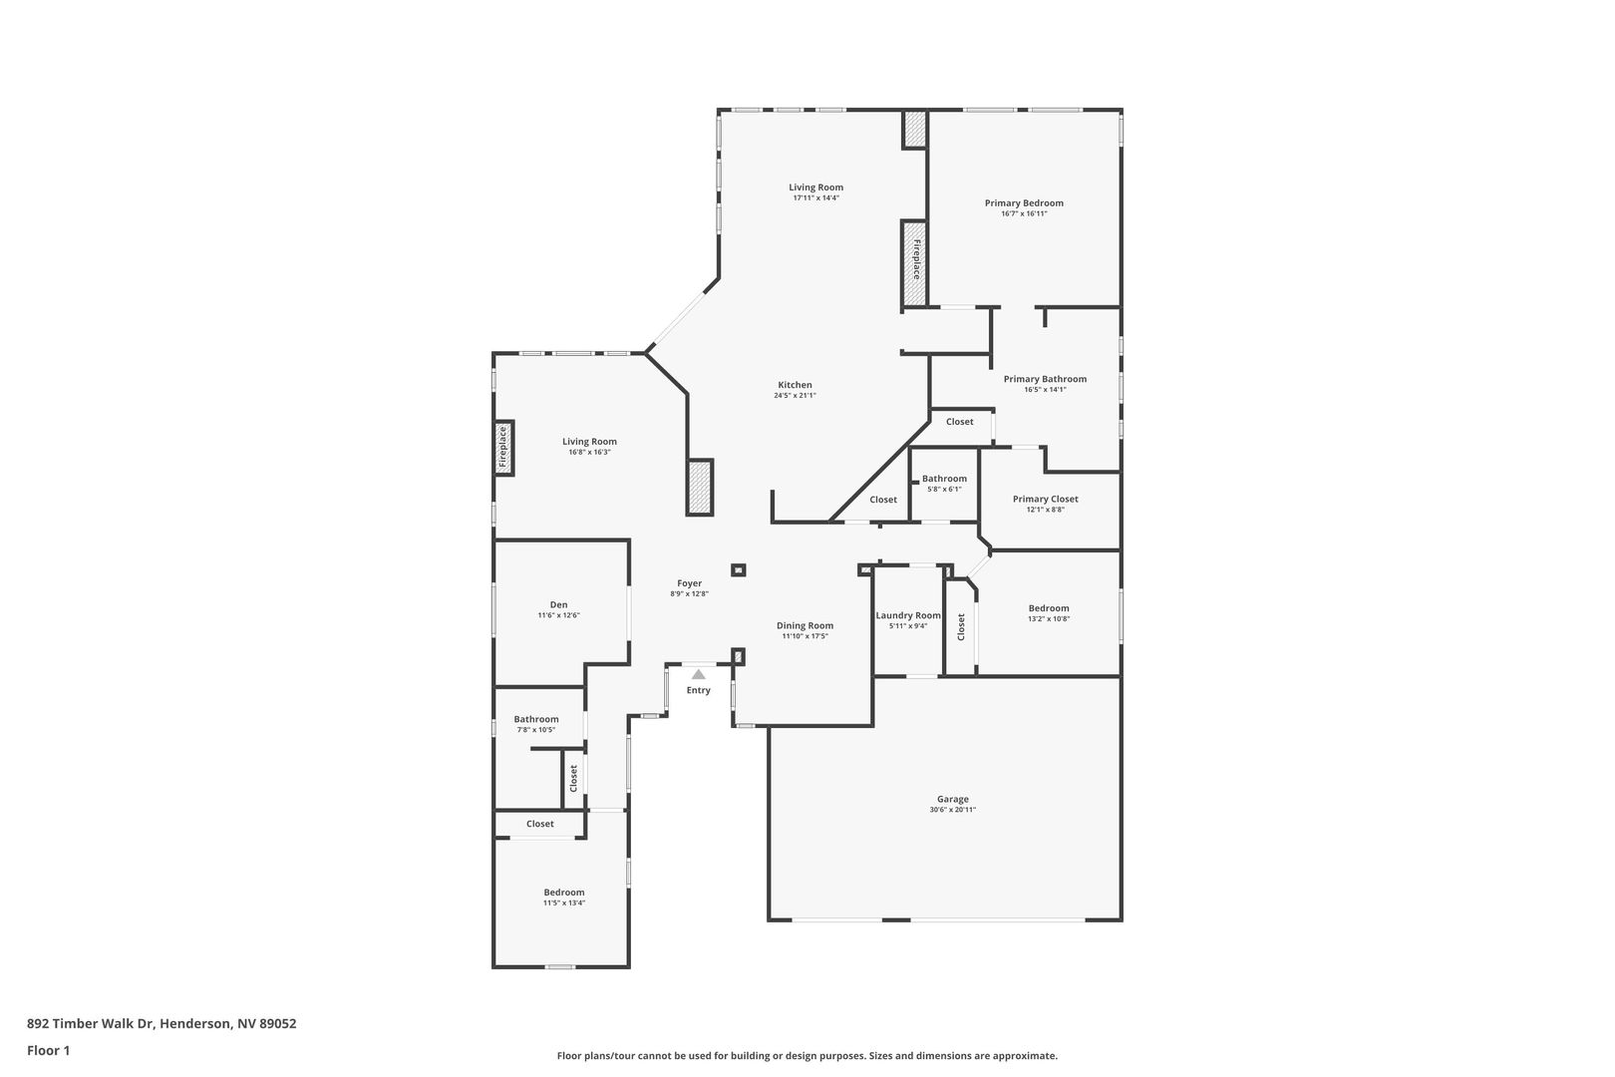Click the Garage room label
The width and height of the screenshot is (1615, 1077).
point(952,799)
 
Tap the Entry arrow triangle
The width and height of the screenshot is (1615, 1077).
point(698,674)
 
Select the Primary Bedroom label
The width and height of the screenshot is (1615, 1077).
point(1024,202)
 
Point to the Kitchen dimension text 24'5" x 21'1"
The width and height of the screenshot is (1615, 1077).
point(795,395)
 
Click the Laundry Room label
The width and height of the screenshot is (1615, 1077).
point(908,615)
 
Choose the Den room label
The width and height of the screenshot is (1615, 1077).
point(558,604)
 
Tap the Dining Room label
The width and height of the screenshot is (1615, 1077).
point(805,625)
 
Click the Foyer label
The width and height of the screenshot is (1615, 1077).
point(689,582)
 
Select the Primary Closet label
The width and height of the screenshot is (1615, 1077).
point(1046,499)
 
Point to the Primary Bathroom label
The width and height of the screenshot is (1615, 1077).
point(1045,379)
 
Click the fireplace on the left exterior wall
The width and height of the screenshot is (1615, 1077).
point(503,447)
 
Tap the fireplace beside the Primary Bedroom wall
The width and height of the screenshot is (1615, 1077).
point(914,262)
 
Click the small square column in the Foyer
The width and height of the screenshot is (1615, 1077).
point(739,569)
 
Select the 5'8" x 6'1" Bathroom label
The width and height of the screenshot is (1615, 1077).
point(944,479)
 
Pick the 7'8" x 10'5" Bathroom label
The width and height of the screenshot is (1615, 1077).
point(535,718)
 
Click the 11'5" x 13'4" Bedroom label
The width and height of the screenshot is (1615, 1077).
point(564,893)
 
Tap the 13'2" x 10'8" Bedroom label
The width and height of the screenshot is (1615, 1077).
point(1049,608)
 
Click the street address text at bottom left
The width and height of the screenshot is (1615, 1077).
point(161,1023)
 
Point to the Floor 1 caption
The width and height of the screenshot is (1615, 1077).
point(48,1050)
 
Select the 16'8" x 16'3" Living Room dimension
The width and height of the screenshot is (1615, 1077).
point(589,453)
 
